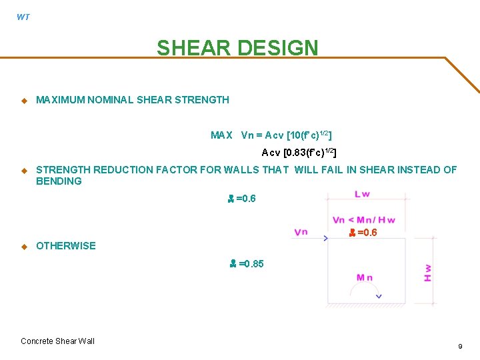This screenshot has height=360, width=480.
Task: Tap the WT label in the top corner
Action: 23,17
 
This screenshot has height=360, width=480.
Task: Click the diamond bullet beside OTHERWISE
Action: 23,246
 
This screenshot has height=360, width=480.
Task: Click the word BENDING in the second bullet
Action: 59,181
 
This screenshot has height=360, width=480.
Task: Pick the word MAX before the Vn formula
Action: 221,135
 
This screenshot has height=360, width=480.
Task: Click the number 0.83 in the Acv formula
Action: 299,153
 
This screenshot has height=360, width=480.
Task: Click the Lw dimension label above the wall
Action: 363,194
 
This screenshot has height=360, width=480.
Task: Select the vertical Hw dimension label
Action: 427,271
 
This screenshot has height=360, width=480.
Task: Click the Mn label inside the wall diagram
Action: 365,278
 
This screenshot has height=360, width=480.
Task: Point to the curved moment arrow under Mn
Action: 366,292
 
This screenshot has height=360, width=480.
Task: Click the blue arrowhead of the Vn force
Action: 325,238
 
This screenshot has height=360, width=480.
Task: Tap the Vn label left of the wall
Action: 301,232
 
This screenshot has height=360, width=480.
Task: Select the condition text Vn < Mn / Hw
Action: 363,221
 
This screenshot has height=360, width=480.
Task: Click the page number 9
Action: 460,347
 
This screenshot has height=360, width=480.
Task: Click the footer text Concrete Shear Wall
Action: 57,341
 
